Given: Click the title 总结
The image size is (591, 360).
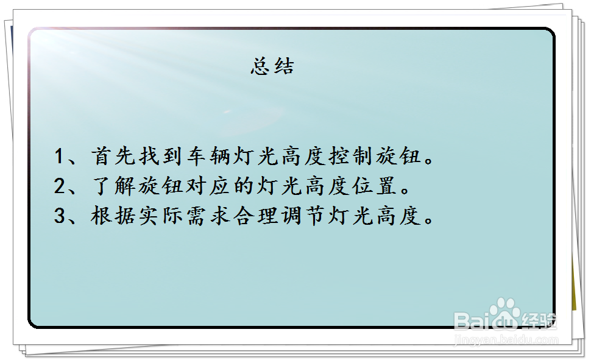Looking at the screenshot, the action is click(272, 67).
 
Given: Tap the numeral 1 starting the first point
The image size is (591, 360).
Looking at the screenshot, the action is click(59, 156).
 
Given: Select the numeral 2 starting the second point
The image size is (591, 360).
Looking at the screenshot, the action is click(60, 186).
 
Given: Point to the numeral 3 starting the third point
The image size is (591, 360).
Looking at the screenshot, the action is click(60, 216).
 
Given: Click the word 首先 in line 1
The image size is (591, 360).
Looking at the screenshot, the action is click(113, 156).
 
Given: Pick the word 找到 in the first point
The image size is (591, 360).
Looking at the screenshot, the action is click(161, 156).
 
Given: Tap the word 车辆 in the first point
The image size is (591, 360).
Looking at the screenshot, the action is click(208, 156).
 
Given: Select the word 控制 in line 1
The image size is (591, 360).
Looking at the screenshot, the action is click(351, 156).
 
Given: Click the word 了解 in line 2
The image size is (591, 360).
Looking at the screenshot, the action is click(113, 186).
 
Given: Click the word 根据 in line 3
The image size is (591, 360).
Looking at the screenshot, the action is click(113, 216).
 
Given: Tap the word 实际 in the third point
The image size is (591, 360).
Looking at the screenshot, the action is click(161, 216).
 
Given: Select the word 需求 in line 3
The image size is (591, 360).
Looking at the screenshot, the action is click(208, 216).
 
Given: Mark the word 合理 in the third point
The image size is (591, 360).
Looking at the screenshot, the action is click(256, 216).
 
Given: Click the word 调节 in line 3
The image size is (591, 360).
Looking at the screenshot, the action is click(303, 216).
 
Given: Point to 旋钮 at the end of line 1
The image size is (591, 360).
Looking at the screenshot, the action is click(398, 156).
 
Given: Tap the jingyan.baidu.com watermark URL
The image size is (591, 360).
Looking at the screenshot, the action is click(506, 340).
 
